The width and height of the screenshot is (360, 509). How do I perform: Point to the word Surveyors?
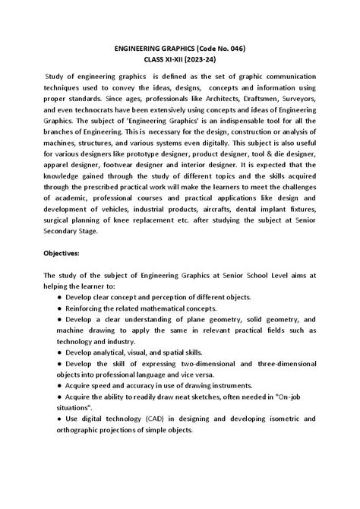(305, 99)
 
